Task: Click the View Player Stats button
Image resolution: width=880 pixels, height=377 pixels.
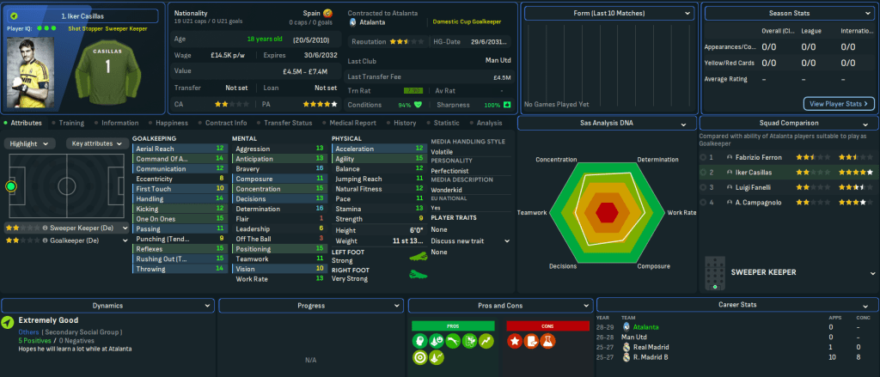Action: coord(839,104)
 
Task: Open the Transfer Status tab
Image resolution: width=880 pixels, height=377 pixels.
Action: coord(288,123)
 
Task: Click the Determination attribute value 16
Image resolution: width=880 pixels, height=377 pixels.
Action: coord(320,208)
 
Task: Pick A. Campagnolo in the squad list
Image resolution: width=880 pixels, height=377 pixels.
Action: coord(758,202)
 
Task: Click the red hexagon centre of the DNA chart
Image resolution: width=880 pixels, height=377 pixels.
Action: coord(607,211)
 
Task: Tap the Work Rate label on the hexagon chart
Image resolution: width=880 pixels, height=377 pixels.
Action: coord(681,212)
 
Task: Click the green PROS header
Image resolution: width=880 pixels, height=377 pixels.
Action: coord(453,325)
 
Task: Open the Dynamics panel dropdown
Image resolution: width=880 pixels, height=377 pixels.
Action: coord(207,305)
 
